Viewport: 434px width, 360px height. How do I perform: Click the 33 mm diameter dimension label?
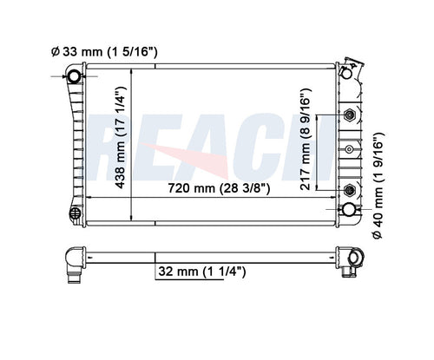104,52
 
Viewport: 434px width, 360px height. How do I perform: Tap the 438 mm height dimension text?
121,138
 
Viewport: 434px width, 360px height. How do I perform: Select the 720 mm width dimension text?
219,188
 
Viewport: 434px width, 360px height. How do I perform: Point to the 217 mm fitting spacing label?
306,140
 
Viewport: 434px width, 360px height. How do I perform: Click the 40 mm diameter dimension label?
378,186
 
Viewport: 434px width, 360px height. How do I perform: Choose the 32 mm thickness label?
202,272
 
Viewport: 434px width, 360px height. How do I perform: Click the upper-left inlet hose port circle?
75,76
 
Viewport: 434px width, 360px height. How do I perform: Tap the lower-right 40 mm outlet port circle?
349,209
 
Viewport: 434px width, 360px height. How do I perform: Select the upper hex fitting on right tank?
349,115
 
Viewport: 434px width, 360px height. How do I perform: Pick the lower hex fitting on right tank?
349,190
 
